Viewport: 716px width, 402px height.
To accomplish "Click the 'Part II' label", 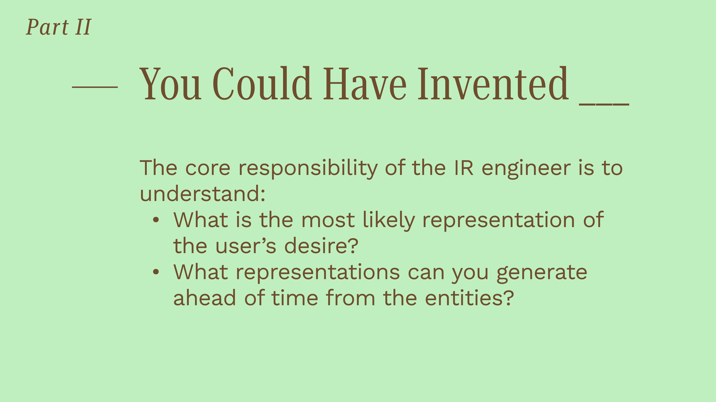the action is click(x=59, y=27).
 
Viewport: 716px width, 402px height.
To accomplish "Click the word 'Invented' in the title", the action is click(x=493, y=83).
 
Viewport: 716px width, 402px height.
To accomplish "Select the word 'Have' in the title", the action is click(x=364, y=83).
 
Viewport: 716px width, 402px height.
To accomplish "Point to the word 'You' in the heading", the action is click(x=170, y=83).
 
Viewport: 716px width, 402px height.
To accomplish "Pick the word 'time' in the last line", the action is click(x=295, y=297).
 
